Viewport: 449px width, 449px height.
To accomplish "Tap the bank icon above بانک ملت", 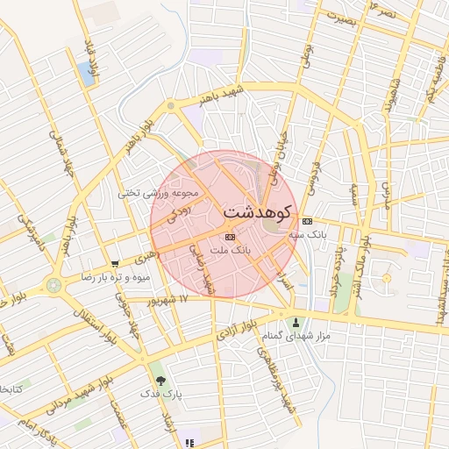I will tap(230, 237).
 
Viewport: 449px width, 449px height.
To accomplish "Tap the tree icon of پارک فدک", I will tap(160, 381).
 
